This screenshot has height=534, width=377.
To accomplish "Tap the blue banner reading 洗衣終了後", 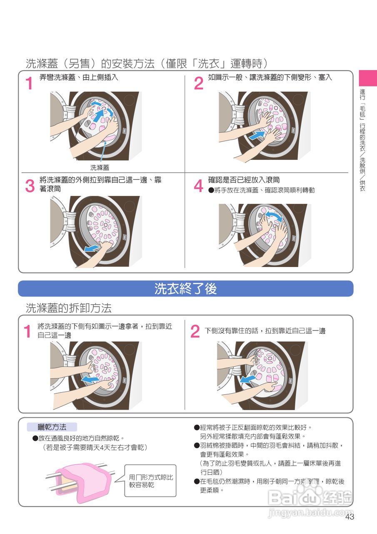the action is pyautogui.click(x=186, y=288).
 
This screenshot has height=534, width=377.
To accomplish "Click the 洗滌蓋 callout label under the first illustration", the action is pyautogui.click(x=100, y=168).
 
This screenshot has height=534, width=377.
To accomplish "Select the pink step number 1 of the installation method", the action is pyautogui.click(x=29, y=83).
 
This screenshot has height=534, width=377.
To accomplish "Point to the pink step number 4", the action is pyautogui.click(x=198, y=186).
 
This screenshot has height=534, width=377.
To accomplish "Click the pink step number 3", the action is pyautogui.click(x=30, y=186).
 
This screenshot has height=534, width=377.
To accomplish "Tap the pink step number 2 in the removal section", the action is pyautogui.click(x=195, y=332).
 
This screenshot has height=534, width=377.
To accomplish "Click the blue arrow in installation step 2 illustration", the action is pyautogui.click(x=256, y=136).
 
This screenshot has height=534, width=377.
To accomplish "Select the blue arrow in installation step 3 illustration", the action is pyautogui.click(x=92, y=248).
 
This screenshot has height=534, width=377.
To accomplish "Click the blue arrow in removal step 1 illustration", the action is pyautogui.click(x=90, y=379).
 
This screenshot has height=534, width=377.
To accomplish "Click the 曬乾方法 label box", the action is pyautogui.click(x=52, y=427).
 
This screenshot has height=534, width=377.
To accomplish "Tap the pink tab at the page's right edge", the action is pyautogui.click(x=368, y=78).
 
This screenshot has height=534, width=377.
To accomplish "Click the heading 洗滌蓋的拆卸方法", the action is pyautogui.click(x=69, y=308).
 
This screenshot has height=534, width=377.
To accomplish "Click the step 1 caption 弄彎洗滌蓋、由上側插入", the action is pyautogui.click(x=79, y=77).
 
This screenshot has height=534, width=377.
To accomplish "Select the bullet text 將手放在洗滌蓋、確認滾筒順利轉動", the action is pyautogui.click(x=261, y=190).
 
